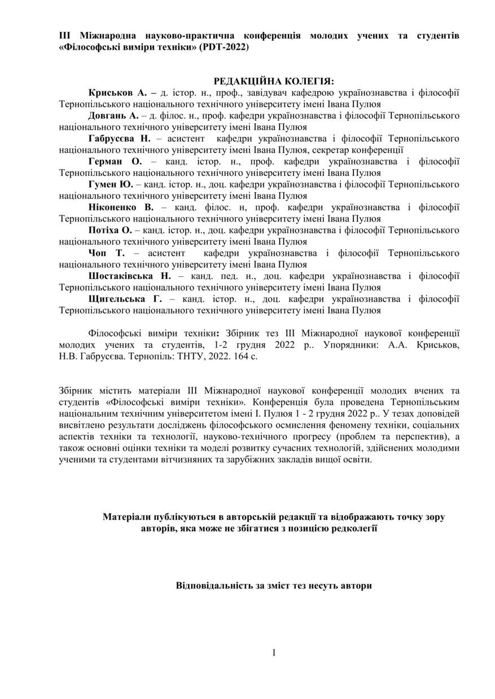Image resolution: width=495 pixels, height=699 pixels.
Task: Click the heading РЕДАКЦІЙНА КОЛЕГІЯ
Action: coord(274,81)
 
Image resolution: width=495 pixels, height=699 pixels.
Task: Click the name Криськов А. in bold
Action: coord(117,92)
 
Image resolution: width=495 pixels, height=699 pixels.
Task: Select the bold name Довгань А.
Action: coord(113,116)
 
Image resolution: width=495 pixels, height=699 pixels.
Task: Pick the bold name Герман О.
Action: coord(115,161)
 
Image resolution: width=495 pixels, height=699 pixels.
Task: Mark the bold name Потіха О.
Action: coord(110,230)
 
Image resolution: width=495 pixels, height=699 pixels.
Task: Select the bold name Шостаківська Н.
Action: coord(129,276)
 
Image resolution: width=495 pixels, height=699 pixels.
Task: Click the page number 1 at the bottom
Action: coord(274,653)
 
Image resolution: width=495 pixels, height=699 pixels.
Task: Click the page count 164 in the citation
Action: coord(239,356)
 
